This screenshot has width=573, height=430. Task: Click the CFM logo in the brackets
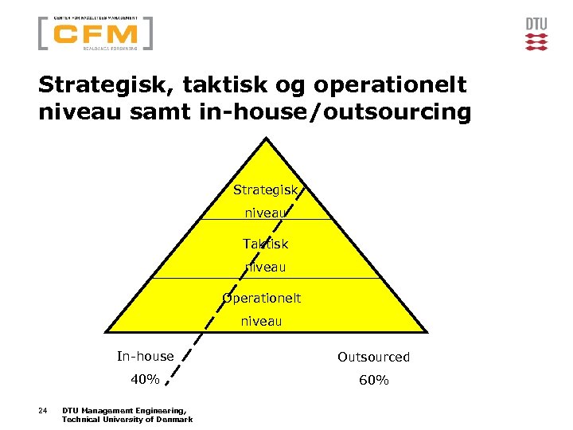95,33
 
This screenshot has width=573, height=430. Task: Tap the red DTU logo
536,34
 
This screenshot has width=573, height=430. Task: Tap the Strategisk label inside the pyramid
265,190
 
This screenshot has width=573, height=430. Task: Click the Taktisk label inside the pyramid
265,244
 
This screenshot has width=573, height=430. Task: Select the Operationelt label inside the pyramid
262,298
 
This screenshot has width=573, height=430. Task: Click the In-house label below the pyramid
145,356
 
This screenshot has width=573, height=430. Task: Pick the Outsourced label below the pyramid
373,357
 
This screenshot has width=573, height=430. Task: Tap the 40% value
145,380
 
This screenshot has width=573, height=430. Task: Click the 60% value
373,381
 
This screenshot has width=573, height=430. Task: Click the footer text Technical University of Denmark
127,420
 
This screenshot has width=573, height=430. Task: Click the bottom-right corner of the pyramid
423,332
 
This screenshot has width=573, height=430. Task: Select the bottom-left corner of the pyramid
107,332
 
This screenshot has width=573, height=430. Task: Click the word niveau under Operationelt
262,322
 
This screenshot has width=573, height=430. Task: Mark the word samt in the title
158,112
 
